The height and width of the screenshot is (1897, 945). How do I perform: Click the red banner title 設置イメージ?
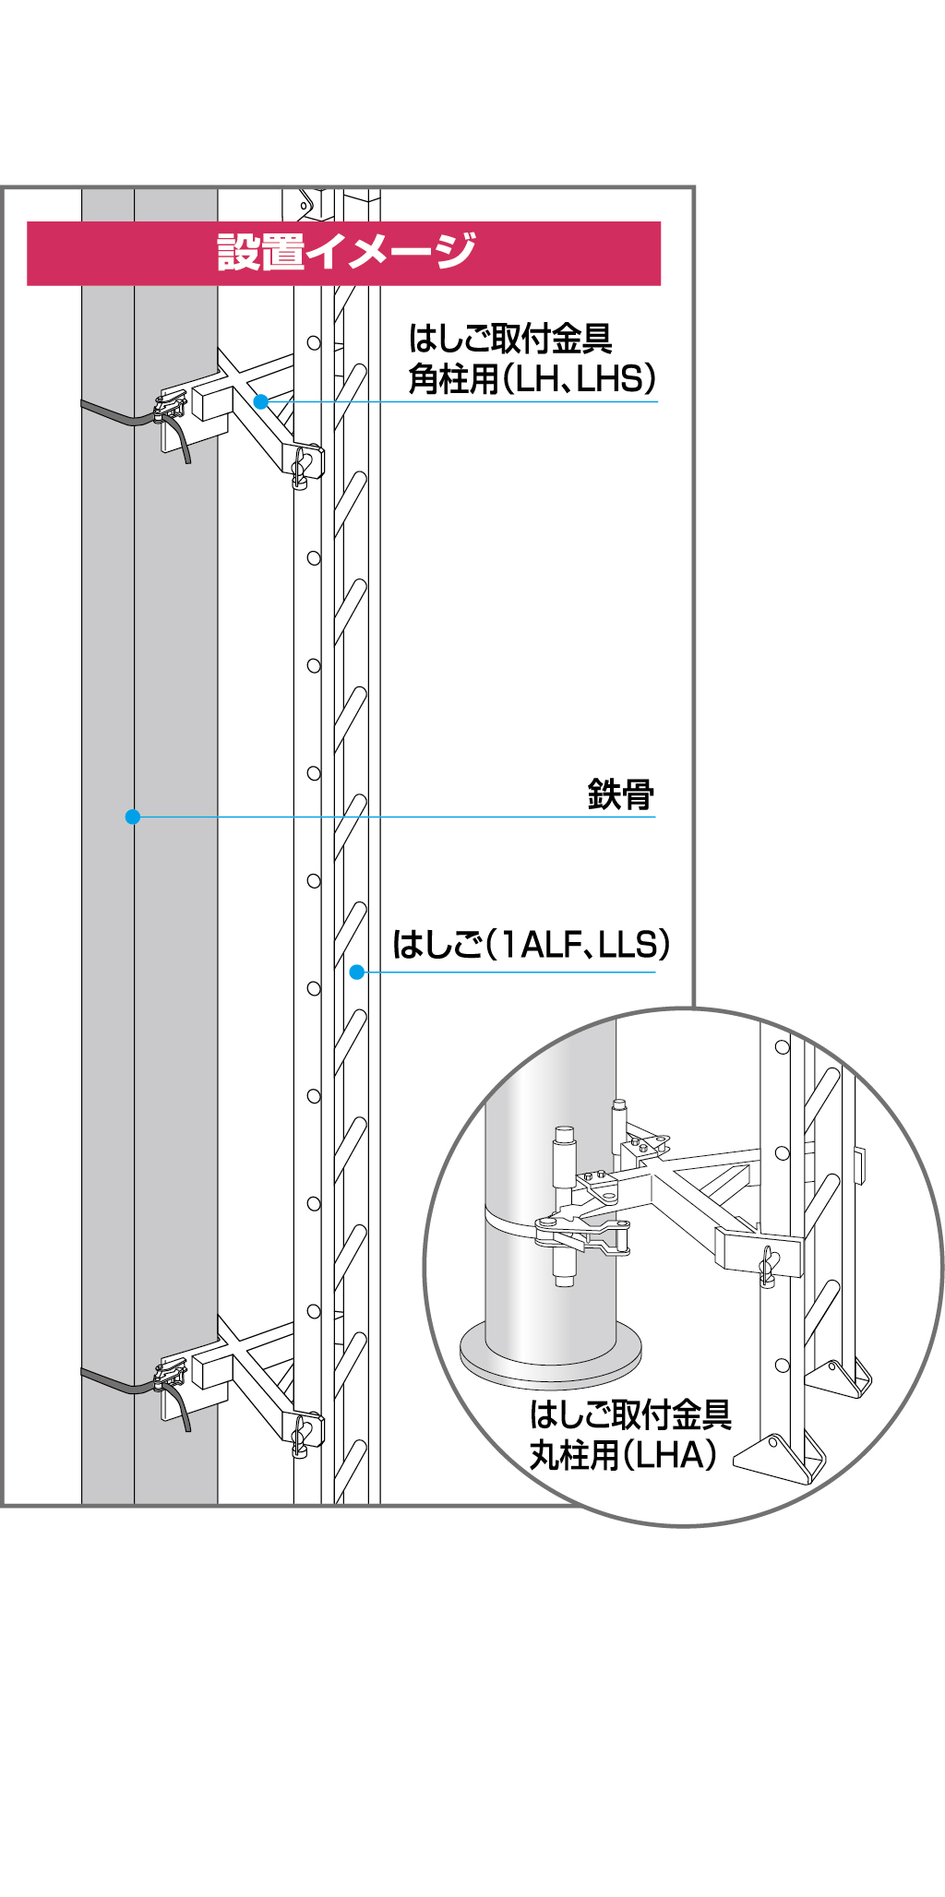click(346, 252)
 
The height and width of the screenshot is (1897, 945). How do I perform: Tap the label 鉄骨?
click(620, 794)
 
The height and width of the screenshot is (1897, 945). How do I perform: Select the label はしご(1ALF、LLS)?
click(531, 944)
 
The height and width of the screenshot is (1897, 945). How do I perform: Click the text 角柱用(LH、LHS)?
click(532, 378)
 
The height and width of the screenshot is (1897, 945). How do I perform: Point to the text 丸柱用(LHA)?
click(623, 1455)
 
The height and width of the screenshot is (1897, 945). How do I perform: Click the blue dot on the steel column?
click(133, 817)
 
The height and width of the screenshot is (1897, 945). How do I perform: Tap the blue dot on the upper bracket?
click(261, 401)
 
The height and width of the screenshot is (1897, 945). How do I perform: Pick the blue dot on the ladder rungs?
click(357, 972)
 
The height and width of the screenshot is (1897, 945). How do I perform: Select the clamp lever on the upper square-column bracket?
click(170, 407)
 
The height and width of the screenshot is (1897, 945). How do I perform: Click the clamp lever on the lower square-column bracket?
click(170, 1376)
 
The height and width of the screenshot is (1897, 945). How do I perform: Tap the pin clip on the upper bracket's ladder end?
click(301, 467)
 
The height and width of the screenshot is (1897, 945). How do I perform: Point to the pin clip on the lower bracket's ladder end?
click(301, 1436)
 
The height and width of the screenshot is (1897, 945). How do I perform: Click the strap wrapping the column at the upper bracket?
click(120, 414)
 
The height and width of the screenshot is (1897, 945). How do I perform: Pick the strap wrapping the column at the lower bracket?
click(120, 1381)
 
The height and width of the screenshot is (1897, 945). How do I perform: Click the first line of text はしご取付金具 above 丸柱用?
click(630, 1414)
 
